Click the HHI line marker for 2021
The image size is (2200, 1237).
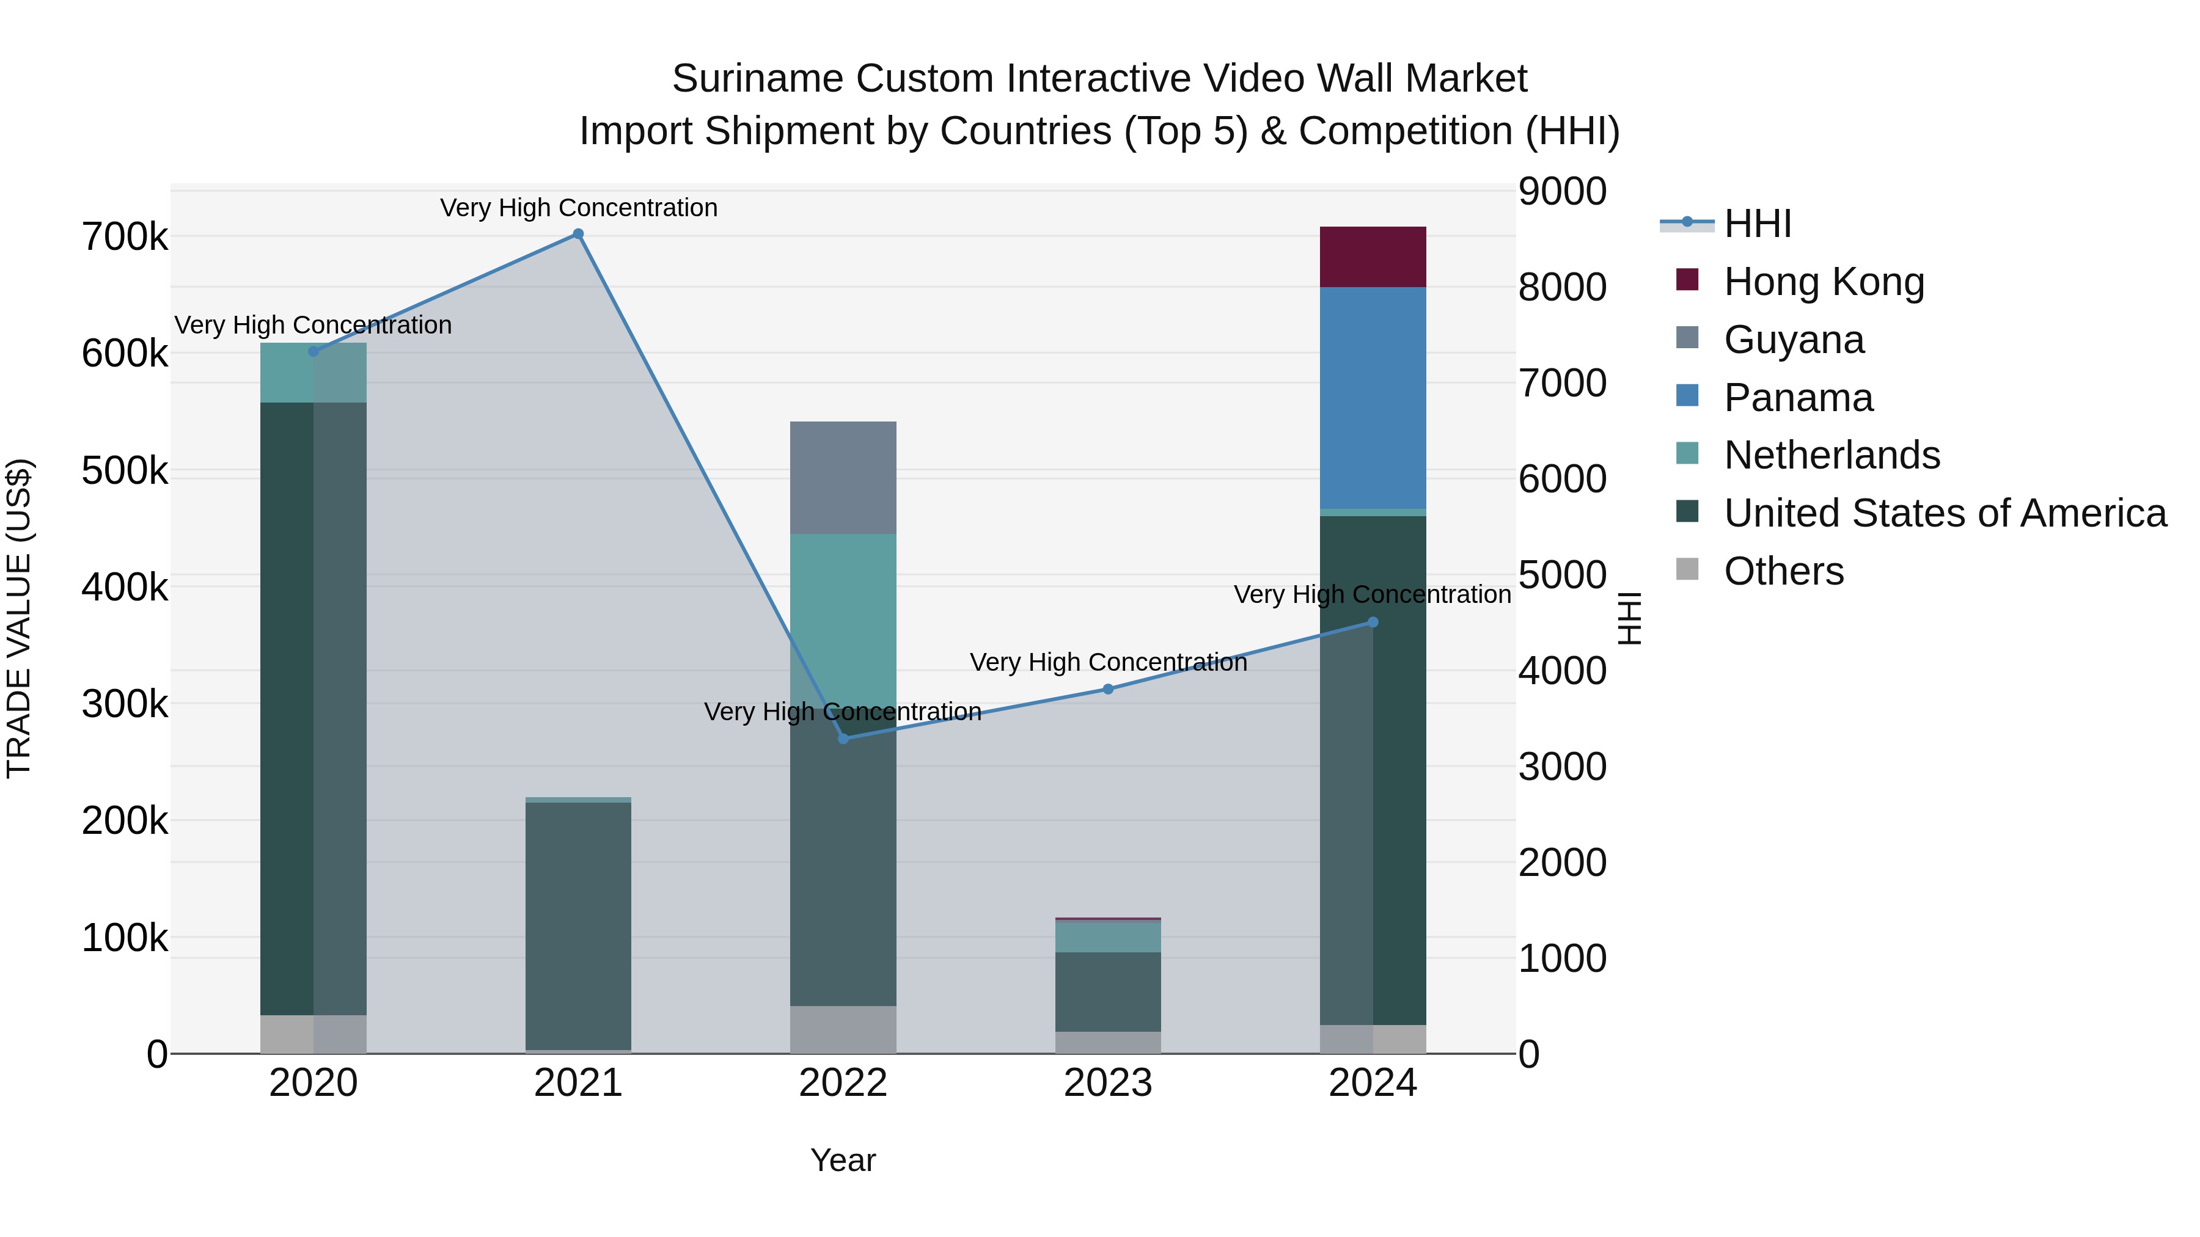coord(578,234)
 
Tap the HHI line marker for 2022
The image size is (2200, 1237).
coord(843,739)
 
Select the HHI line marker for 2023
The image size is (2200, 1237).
coord(1108,689)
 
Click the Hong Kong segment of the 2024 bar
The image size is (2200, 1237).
coord(1373,257)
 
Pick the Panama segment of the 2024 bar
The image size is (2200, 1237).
coord(1373,398)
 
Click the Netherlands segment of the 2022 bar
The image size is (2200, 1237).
coord(843,615)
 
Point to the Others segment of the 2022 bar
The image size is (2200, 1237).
coord(843,1029)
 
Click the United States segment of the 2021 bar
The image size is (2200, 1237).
coord(578,925)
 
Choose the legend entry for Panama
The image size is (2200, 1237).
coord(1798,398)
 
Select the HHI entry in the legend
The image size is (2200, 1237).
coord(1757,224)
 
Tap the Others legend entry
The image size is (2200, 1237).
coord(1783,571)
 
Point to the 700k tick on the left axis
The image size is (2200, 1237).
coord(125,238)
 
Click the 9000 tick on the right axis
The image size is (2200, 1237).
coord(1562,191)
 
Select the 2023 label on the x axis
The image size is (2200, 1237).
coord(1108,1083)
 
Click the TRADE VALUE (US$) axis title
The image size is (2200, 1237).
coord(19,618)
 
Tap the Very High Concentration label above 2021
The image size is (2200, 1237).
coord(578,208)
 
